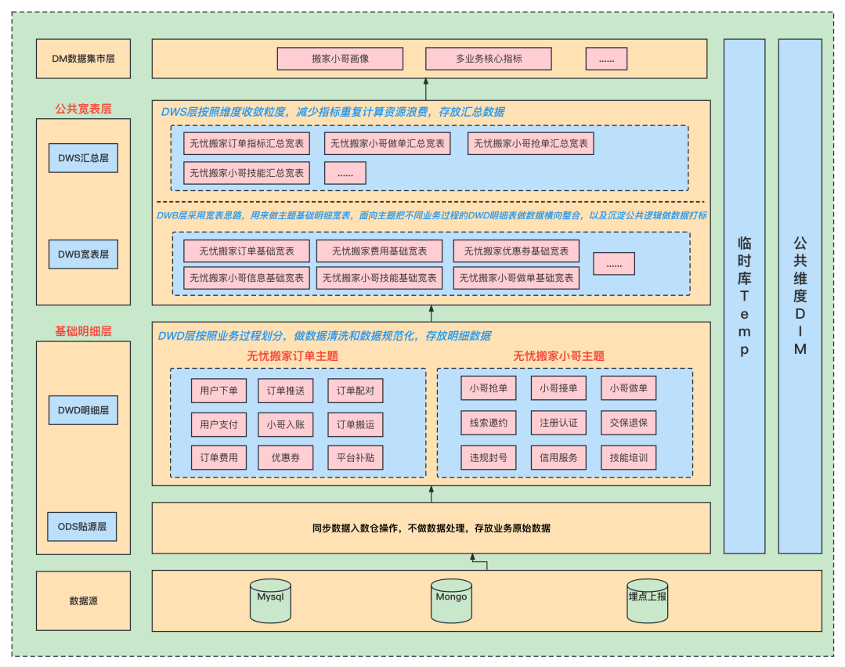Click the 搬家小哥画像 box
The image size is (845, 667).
[340, 59]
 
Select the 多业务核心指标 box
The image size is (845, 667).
[489, 59]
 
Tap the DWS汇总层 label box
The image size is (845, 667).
[83, 157]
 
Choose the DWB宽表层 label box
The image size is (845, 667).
[83, 254]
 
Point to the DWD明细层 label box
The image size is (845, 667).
[83, 409]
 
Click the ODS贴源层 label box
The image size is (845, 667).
[82, 526]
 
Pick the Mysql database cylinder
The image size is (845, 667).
[270, 600]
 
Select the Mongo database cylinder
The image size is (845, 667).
[451, 600]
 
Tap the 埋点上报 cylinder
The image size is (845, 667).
[648, 600]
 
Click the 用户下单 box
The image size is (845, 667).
[219, 391]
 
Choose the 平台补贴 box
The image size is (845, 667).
[356, 458]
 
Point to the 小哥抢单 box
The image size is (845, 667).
[489, 388]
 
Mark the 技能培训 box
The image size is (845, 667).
[629, 458]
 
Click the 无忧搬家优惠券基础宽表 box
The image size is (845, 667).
[516, 251]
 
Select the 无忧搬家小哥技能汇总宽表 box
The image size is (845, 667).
[247, 173]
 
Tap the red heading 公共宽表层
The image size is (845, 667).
[83, 109]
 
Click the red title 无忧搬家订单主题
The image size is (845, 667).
[292, 355]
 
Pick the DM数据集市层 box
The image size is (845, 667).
[83, 59]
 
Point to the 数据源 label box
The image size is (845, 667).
[83, 601]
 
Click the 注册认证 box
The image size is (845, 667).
[558, 423]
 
